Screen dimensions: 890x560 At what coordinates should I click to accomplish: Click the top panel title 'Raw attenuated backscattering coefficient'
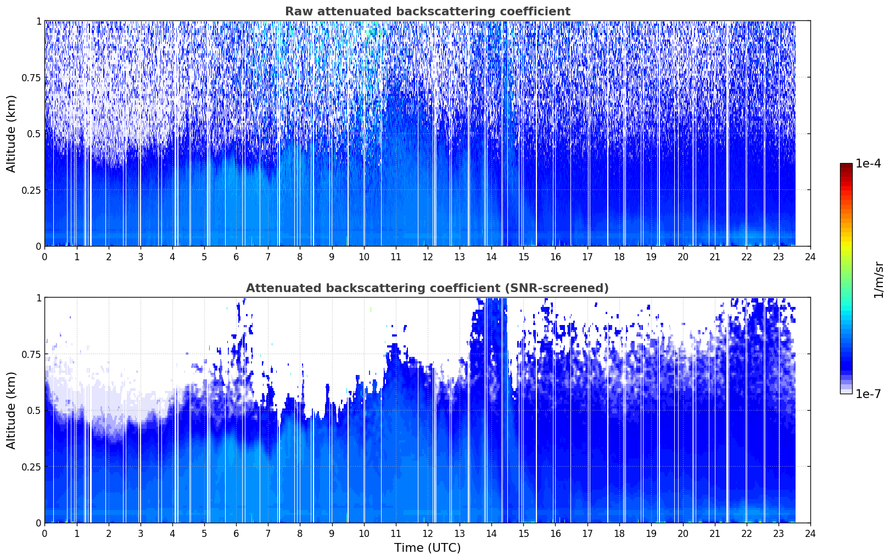coord(428,11)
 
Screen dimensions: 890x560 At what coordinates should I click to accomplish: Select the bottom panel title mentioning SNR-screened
coord(428,288)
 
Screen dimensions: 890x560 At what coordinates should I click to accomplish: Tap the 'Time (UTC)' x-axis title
coord(428,548)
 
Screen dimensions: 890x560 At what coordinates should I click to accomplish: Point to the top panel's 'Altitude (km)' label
coord(11,134)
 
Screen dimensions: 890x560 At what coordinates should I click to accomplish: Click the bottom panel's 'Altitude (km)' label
coord(11,410)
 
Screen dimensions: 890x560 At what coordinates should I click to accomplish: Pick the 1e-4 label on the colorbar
coord(868,163)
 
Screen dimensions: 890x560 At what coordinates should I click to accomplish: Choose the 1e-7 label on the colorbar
coord(868,394)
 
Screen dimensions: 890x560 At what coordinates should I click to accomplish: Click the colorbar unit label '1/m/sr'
coord(879,279)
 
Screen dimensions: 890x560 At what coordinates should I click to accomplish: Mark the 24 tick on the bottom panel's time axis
coord(810,534)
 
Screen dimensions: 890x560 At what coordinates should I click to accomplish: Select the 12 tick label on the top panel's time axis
coord(428,257)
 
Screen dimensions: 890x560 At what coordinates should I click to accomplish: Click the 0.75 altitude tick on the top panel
coord(31,77)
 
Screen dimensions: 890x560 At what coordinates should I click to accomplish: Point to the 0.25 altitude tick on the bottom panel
coord(31,467)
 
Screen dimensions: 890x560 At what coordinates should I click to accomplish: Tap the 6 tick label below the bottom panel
coord(236,534)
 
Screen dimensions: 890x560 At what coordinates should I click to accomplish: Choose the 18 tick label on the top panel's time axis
coord(619,257)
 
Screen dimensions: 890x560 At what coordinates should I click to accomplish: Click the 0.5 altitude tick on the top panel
coord(34,134)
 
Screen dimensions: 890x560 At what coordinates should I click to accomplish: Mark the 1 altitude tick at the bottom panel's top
coord(39,298)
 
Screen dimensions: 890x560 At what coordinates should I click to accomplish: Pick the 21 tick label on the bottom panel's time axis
coord(715,534)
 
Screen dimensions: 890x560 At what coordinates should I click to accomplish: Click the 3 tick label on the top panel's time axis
coord(140,257)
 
